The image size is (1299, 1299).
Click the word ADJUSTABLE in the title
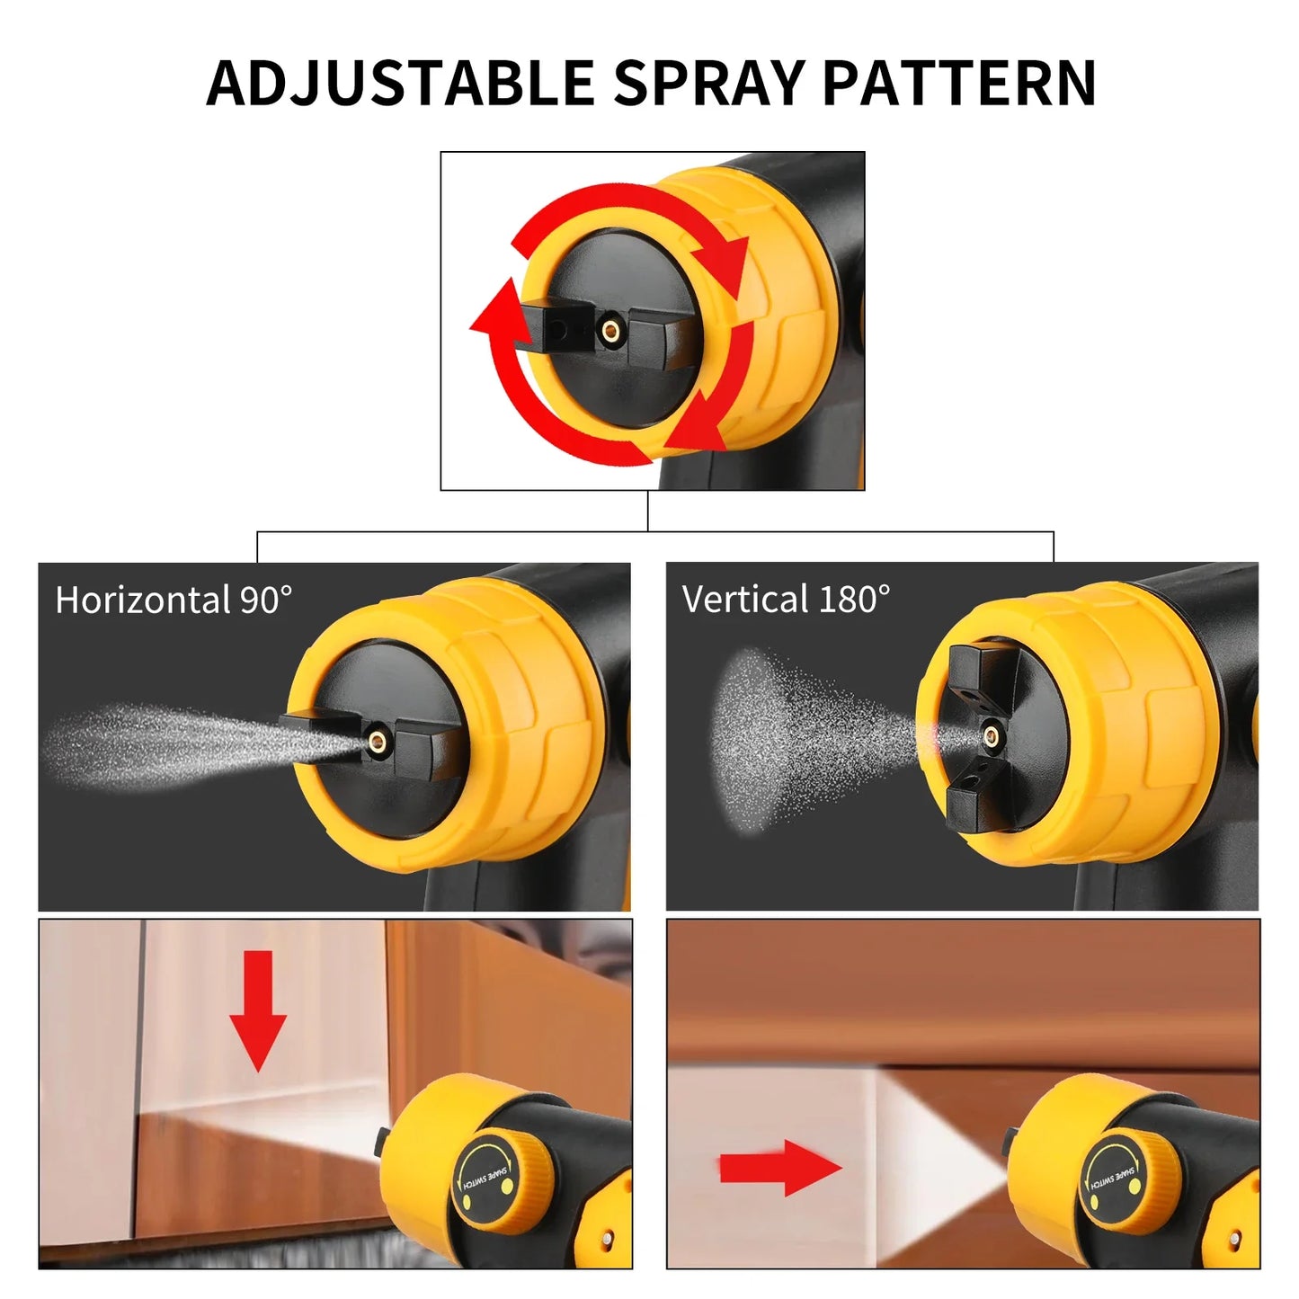[x=399, y=83]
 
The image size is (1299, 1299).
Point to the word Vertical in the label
[x=745, y=599]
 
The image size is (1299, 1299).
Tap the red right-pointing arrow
[x=780, y=1168]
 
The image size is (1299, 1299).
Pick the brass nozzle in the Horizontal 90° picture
[x=378, y=741]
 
